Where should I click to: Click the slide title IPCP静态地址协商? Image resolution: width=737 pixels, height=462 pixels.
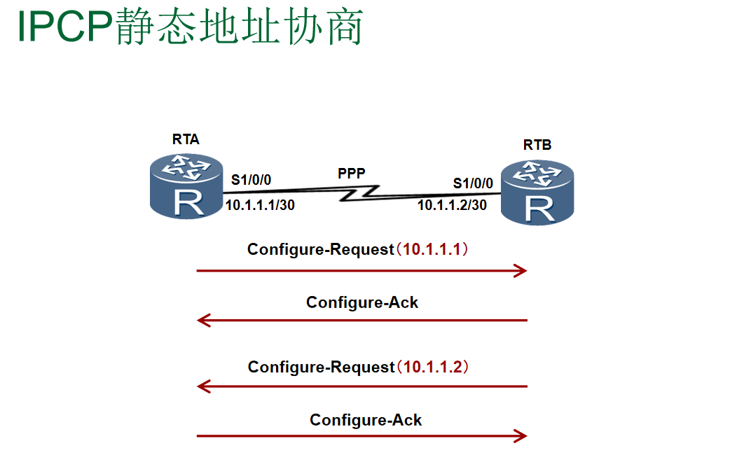coord(190,29)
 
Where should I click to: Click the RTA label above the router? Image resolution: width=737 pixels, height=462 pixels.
coord(186,139)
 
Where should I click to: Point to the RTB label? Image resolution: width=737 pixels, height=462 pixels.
coord(537,145)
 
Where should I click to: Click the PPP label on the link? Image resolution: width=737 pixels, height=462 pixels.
coord(352,173)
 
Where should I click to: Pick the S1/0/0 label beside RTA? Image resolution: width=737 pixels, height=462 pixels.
coord(252,181)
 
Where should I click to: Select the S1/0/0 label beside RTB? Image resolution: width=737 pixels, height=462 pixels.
coord(473,183)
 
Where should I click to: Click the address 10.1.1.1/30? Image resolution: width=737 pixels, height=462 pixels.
coord(260,205)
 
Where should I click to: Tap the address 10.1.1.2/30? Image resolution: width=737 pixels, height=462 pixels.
coord(453,206)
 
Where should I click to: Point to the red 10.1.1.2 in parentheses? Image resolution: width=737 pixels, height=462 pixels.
coord(434,367)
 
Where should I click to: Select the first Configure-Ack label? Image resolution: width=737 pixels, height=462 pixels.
coord(362,302)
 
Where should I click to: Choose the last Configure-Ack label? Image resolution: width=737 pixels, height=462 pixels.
coord(366,420)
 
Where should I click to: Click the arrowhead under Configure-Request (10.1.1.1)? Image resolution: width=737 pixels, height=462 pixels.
coord(520,270)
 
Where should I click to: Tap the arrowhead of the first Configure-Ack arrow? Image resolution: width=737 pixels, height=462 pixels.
coord(204,321)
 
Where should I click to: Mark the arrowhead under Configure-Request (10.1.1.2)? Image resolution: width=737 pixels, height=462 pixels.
coord(204,386)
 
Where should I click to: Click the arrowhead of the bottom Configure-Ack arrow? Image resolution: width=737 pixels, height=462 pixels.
coord(520,436)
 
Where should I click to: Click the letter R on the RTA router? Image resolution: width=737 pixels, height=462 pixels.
coord(188,201)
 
